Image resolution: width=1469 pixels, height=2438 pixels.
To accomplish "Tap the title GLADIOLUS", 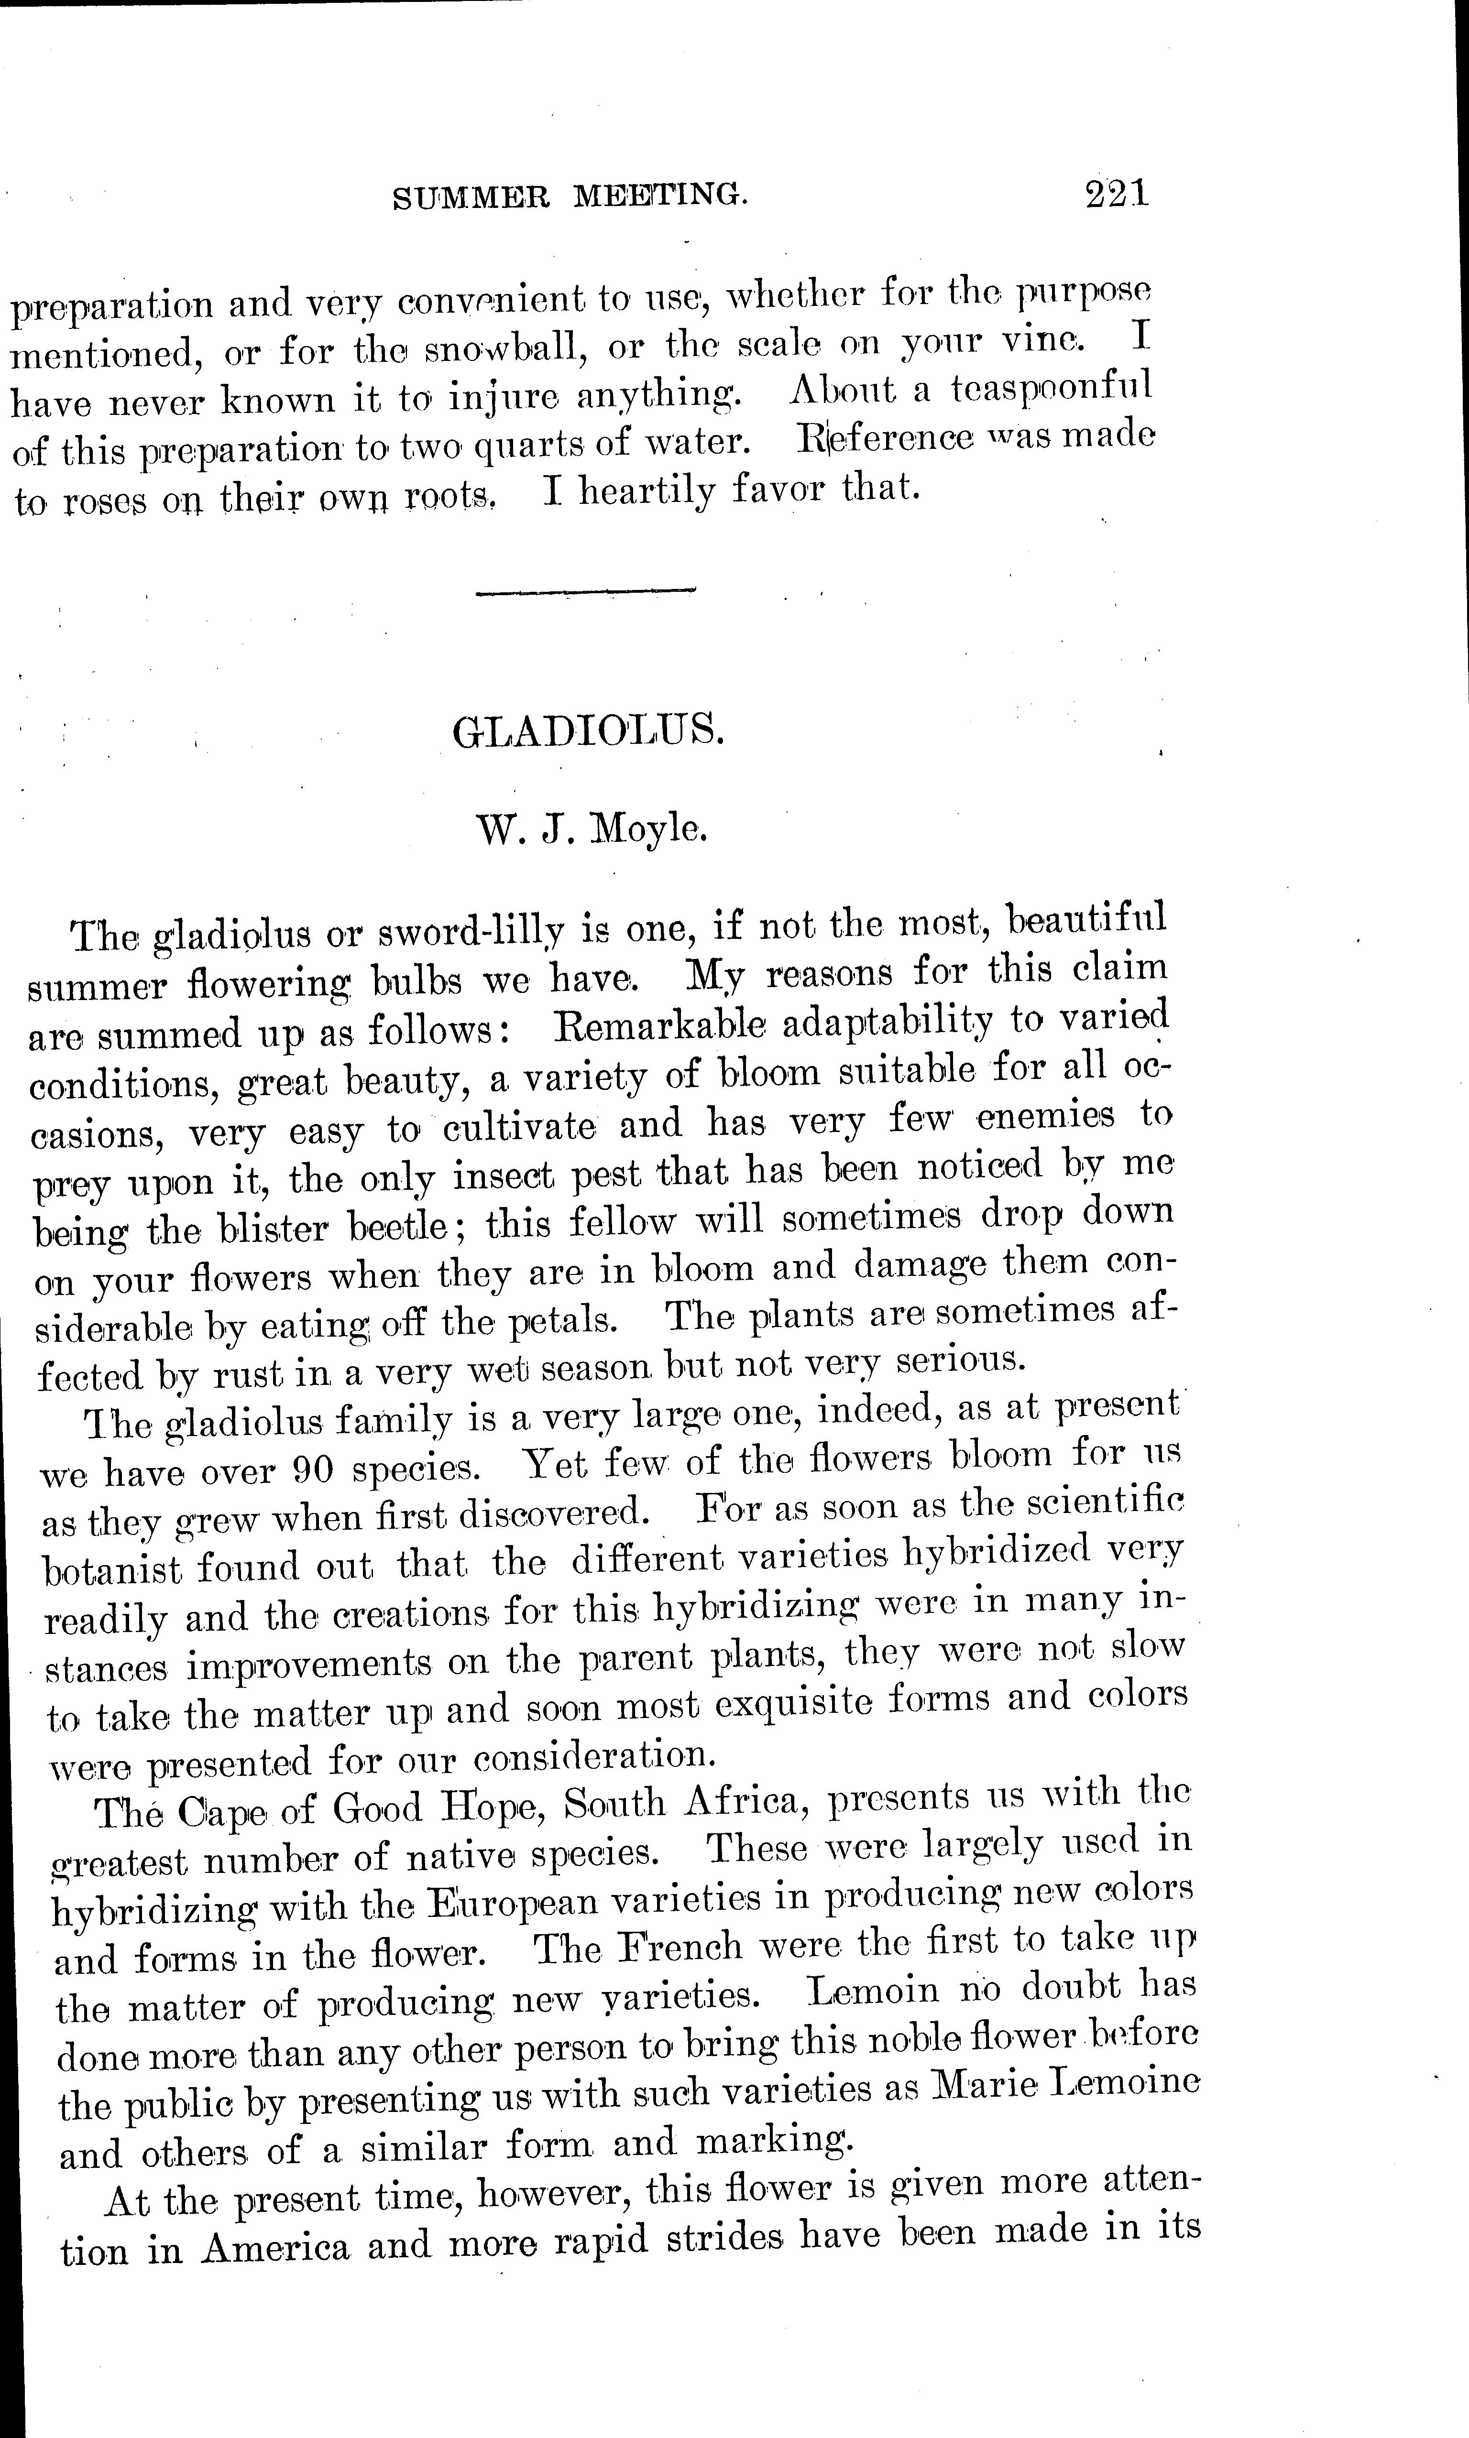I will coord(588,731).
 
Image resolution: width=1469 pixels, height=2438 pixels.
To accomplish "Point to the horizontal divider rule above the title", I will coord(586,592).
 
